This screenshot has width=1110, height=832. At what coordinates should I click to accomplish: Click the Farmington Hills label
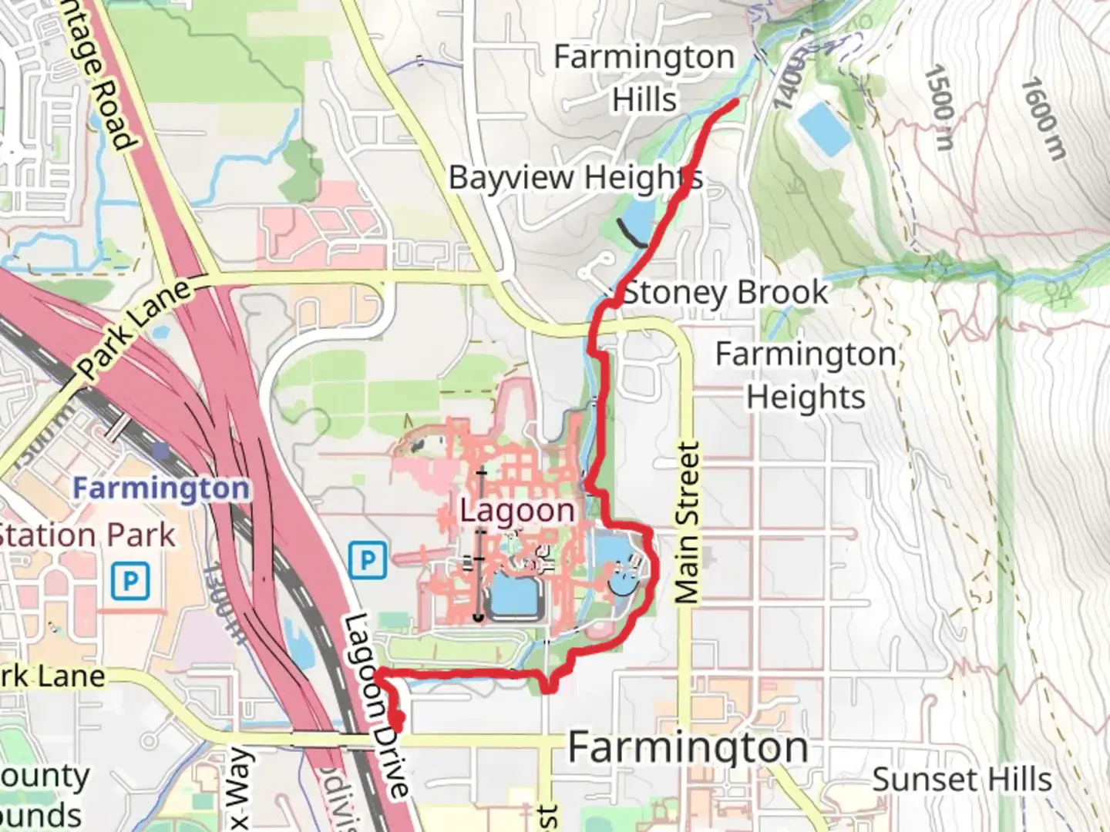pos(644,78)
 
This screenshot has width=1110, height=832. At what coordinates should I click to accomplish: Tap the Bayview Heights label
pos(575,177)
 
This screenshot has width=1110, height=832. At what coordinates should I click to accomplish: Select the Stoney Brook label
pos(725,293)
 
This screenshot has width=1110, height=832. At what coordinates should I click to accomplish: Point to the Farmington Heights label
pos(806,375)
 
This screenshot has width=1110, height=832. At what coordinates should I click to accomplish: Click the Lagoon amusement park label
pos(517,510)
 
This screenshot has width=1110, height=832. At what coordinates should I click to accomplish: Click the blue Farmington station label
pos(161,488)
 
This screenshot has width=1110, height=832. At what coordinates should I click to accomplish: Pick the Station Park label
pos(86,535)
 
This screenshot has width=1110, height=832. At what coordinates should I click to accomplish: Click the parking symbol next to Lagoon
pos(368,560)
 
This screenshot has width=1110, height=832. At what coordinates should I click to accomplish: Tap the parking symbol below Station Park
pos(129,581)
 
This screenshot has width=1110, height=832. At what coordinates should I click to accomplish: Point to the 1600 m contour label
pos(1044,119)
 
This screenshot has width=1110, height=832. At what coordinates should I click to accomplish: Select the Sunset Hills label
pos(962,780)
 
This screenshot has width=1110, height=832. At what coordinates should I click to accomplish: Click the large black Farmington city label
pos(688,747)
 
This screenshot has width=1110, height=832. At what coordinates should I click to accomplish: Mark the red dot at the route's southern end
pos(398,719)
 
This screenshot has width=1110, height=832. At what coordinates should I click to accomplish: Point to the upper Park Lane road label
pos(135,329)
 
